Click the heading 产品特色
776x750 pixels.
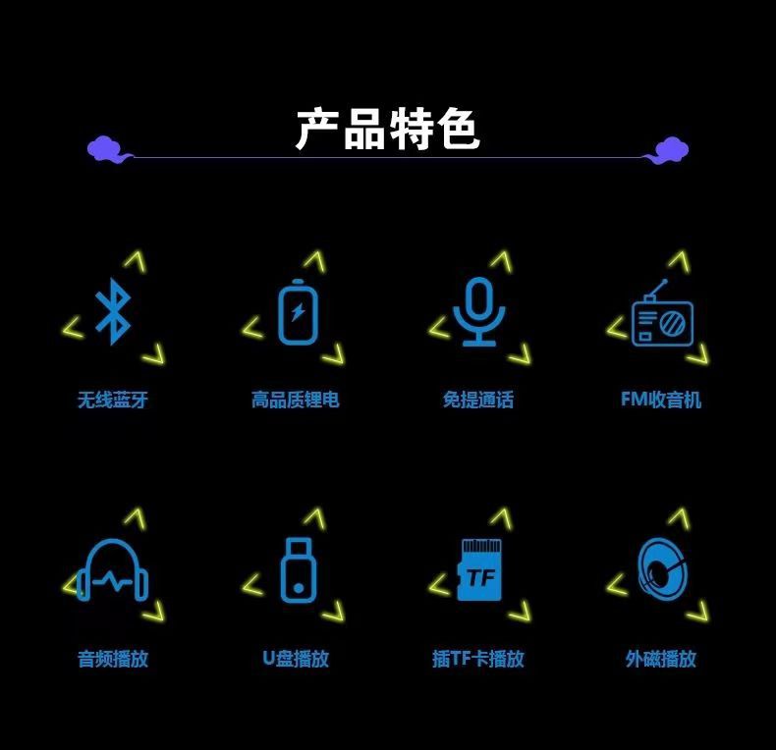(387, 130)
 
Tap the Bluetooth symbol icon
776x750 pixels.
(113, 311)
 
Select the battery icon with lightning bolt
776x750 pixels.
(297, 312)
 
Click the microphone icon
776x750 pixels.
(478, 311)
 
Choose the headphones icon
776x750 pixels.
(113, 571)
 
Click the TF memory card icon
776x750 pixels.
(479, 571)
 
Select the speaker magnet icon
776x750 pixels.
(661, 569)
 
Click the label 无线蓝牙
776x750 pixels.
(113, 400)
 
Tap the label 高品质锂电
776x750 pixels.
(296, 400)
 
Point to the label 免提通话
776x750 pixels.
(478, 400)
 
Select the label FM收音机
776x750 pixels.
(661, 400)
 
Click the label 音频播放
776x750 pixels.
(113, 659)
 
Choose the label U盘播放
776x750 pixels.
(296, 659)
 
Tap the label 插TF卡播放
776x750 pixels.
(478, 659)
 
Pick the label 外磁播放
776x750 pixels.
(661, 659)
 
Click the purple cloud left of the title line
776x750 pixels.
(106, 149)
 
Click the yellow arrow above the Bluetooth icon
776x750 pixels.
(135, 261)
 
